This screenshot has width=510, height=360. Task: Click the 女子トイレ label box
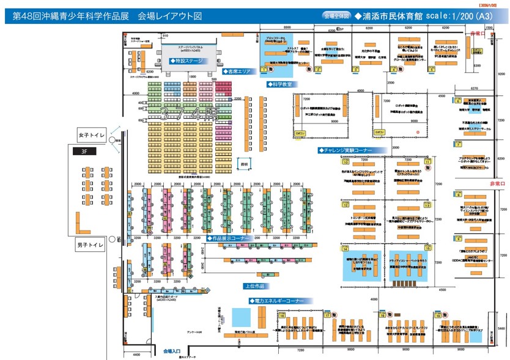92,134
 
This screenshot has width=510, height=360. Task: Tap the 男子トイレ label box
92,246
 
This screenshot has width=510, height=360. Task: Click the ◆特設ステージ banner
190,61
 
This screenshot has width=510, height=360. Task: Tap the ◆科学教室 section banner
278,84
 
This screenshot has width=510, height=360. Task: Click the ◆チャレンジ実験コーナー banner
344,150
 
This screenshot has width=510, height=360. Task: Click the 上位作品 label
254,285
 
